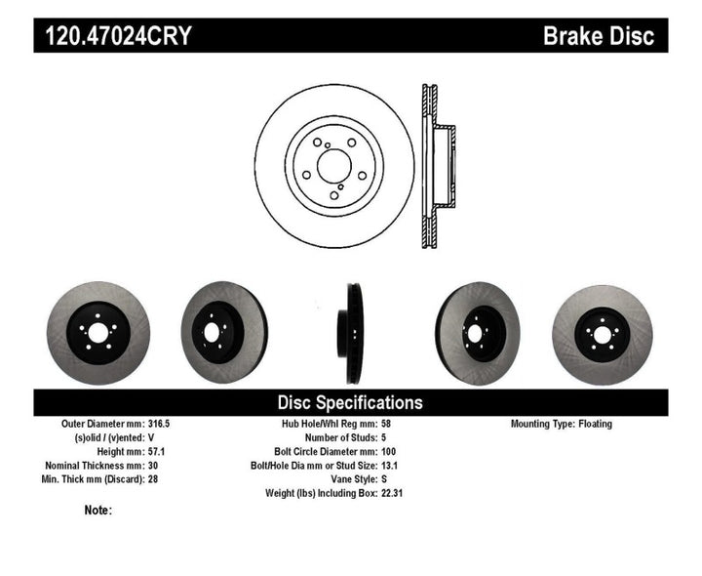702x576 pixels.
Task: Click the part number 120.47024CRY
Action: click(x=116, y=37)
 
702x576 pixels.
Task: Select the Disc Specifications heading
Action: click(x=350, y=402)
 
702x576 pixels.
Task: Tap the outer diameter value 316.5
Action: click(x=159, y=425)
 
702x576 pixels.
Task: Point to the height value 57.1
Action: click(x=156, y=452)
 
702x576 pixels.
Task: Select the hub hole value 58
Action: click(x=385, y=425)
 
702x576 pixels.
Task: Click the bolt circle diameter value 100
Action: click(x=388, y=452)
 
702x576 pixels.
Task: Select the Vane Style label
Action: click(x=345, y=479)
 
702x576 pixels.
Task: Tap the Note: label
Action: click(x=98, y=510)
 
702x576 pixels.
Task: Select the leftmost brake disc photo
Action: click(x=97, y=333)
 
